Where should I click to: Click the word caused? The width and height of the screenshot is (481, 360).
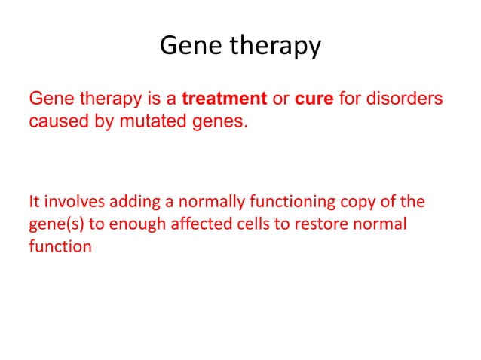click(x=55, y=121)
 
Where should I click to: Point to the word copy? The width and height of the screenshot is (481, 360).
click(x=362, y=203)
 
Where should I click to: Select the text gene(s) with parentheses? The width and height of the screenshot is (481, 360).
click(x=54, y=225)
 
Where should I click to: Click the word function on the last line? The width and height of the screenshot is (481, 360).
click(x=60, y=246)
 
